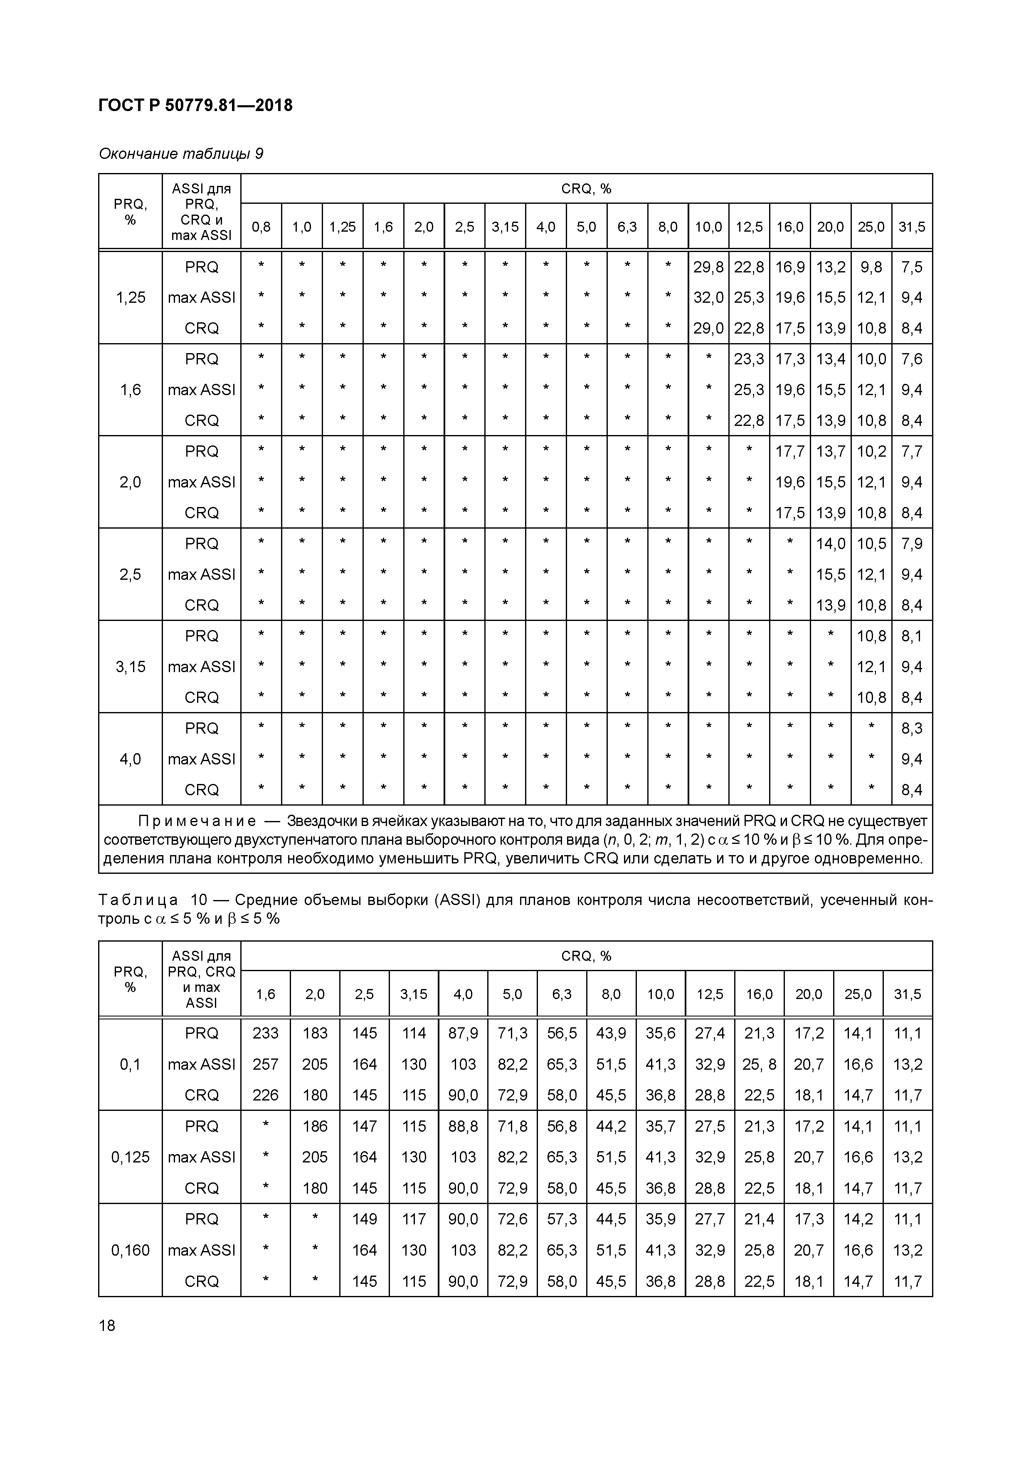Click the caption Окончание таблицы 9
click(x=181, y=154)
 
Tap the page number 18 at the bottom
click(x=107, y=1325)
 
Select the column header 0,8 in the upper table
click(x=261, y=227)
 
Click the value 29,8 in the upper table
click(x=708, y=267)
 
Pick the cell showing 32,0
click(x=708, y=297)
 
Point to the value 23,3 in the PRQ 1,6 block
click(x=749, y=359)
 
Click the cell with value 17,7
click(x=789, y=451)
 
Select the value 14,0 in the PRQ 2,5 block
click(x=830, y=544)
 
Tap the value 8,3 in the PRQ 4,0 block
click(x=912, y=728)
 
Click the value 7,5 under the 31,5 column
click(x=912, y=267)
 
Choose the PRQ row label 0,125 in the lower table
click(x=130, y=1157)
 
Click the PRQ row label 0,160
click(x=130, y=1250)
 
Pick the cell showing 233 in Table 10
click(x=266, y=1033)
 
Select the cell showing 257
click(x=266, y=1064)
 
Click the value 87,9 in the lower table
click(x=463, y=1033)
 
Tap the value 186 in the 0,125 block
click(x=315, y=1126)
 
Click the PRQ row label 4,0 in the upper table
click(x=130, y=759)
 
